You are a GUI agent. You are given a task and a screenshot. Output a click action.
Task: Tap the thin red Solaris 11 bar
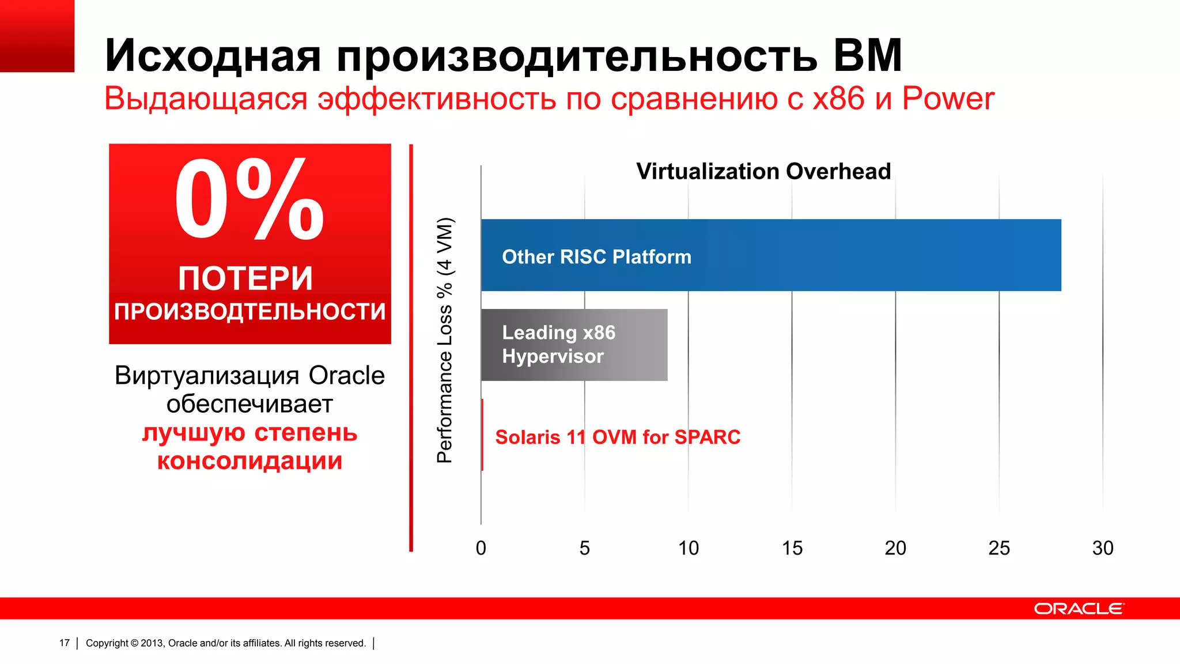click(x=482, y=435)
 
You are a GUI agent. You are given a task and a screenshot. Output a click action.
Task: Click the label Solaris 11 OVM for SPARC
click(x=618, y=437)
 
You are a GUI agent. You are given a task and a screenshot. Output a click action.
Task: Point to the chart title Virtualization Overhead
click(x=763, y=171)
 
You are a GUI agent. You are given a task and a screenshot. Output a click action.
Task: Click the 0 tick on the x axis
click(x=481, y=548)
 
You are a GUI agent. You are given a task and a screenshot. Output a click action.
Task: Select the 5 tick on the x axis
click(x=584, y=548)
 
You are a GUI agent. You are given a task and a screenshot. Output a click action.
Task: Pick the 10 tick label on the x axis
click(x=688, y=548)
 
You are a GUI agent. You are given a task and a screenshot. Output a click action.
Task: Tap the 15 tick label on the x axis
click(x=792, y=548)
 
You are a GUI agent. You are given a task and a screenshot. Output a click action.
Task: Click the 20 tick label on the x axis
click(x=895, y=548)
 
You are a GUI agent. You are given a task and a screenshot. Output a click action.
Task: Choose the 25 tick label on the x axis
click(x=999, y=548)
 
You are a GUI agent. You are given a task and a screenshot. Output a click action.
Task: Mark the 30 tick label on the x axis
click(x=1103, y=548)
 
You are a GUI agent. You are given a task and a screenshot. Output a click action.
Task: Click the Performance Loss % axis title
click(x=445, y=340)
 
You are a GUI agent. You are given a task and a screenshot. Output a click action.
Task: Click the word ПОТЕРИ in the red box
click(x=245, y=278)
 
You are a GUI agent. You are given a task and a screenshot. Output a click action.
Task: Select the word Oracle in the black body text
click(x=346, y=376)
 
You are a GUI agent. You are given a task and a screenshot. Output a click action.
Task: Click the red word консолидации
click(x=249, y=461)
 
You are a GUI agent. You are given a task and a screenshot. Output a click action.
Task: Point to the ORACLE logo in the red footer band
click(x=1079, y=609)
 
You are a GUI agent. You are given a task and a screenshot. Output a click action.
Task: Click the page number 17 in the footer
click(x=65, y=643)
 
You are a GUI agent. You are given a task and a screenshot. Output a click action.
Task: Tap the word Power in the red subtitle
click(x=948, y=99)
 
